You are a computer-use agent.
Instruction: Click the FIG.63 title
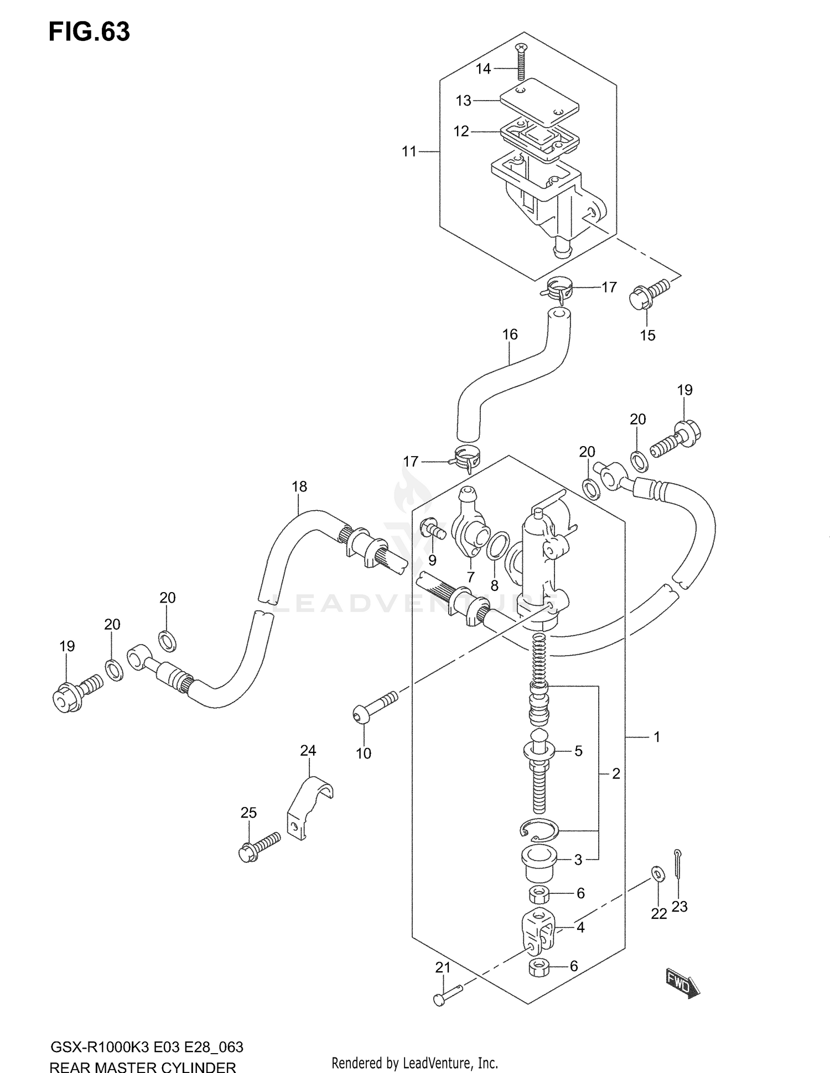click(89, 33)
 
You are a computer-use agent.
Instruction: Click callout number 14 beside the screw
click(483, 69)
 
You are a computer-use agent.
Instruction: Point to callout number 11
click(409, 151)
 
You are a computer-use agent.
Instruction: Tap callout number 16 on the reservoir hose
click(510, 334)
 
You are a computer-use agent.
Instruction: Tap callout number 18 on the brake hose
click(299, 486)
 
